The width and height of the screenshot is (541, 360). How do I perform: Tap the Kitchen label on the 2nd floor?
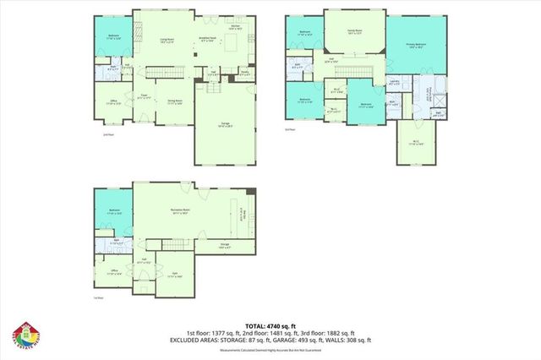click(x=238, y=27)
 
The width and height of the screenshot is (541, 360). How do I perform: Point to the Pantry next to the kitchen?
click(x=244, y=74)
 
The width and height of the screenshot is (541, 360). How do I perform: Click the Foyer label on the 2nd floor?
click(x=145, y=95)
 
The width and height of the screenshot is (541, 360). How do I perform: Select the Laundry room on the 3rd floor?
click(x=394, y=83)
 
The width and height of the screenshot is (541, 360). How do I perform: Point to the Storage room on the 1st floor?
click(x=225, y=245)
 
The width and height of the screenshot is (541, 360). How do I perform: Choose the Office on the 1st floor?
click(x=112, y=271)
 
